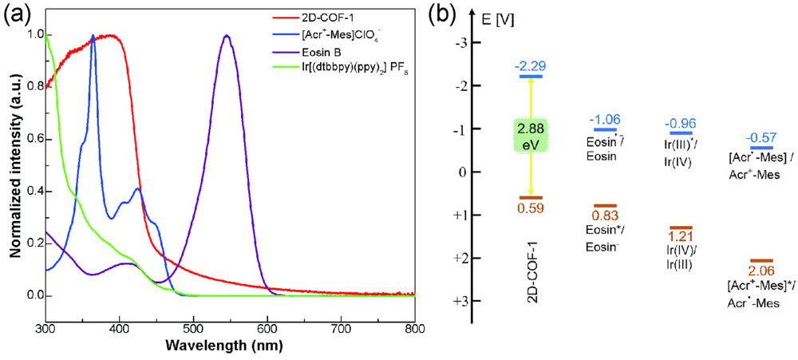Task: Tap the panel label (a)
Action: click(18, 14)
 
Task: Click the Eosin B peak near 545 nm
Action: click(227, 36)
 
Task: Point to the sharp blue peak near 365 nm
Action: click(93, 36)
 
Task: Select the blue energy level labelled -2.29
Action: click(531, 76)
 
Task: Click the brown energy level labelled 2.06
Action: click(762, 260)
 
